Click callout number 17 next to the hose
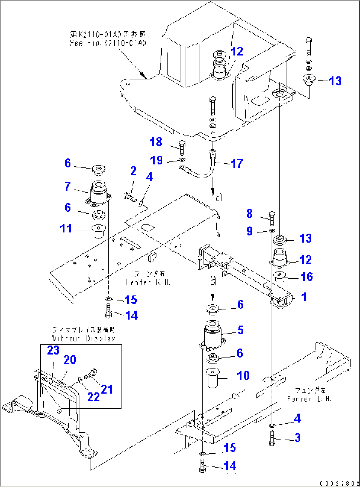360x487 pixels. [237, 163]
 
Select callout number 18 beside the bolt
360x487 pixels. [156, 142]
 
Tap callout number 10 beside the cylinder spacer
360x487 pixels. [243, 375]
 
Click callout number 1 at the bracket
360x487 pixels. [304, 297]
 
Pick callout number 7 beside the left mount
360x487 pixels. [68, 186]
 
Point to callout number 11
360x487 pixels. [66, 228]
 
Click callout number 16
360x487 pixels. [307, 277]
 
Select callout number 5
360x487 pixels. [240, 330]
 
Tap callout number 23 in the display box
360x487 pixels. [53, 350]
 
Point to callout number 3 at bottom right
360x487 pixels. [297, 438]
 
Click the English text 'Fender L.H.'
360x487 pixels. [309, 399]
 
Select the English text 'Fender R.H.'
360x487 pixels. [148, 282]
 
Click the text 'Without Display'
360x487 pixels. [84, 338]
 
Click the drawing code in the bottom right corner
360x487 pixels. [339, 484]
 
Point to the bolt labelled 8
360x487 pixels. [272, 218]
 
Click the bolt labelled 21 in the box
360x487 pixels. [90, 374]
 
